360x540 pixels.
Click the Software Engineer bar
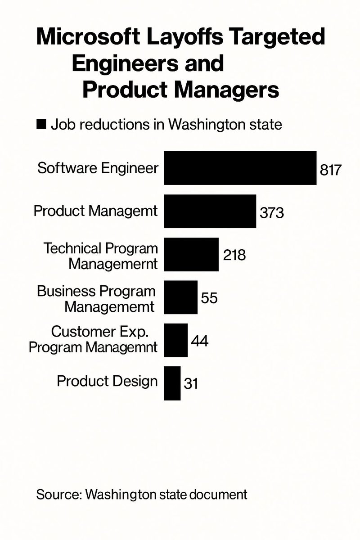(x=240, y=168)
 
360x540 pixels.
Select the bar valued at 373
(x=210, y=211)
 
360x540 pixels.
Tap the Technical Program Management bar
(x=191, y=254)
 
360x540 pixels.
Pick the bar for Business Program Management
(x=180, y=297)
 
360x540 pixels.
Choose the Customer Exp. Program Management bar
(x=175, y=340)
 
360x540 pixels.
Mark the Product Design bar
(x=172, y=383)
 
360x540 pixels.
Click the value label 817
(x=331, y=170)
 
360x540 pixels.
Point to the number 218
(x=234, y=255)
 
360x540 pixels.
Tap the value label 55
(x=209, y=298)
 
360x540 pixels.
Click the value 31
(x=191, y=384)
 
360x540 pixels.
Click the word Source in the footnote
(x=57, y=495)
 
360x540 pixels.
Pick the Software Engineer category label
(x=98, y=168)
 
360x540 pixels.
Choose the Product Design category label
(x=107, y=382)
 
